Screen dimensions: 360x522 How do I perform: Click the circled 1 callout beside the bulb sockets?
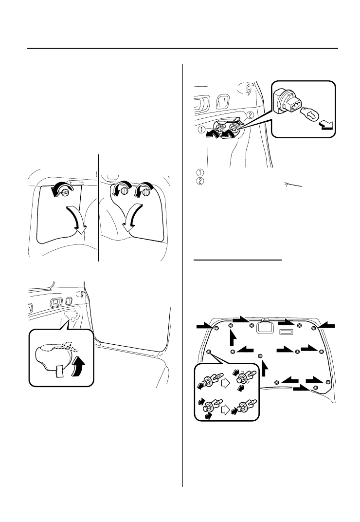201,130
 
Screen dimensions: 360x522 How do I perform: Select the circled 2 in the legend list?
200,181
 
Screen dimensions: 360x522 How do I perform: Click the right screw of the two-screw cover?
146,192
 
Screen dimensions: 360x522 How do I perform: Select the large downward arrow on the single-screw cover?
76,220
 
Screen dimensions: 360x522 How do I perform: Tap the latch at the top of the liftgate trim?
265,326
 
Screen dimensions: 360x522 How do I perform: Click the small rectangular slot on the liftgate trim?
287,332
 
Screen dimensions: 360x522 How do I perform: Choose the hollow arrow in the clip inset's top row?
226,383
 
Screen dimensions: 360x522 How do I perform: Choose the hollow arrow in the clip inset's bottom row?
226,410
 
